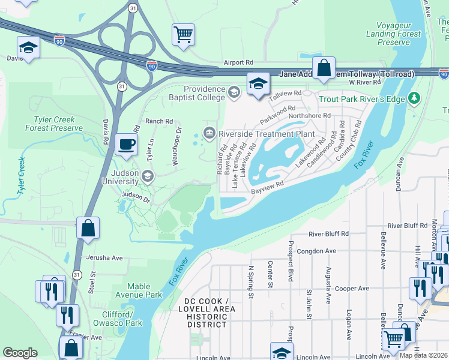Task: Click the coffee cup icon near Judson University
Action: [126, 145]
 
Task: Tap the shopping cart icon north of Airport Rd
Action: [184, 34]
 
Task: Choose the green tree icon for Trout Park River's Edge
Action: [413, 97]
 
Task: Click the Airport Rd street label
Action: [239, 62]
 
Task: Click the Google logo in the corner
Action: [20, 352]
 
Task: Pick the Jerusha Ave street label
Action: [104, 257]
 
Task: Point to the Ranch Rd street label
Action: [158, 121]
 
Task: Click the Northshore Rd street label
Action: [310, 115]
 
